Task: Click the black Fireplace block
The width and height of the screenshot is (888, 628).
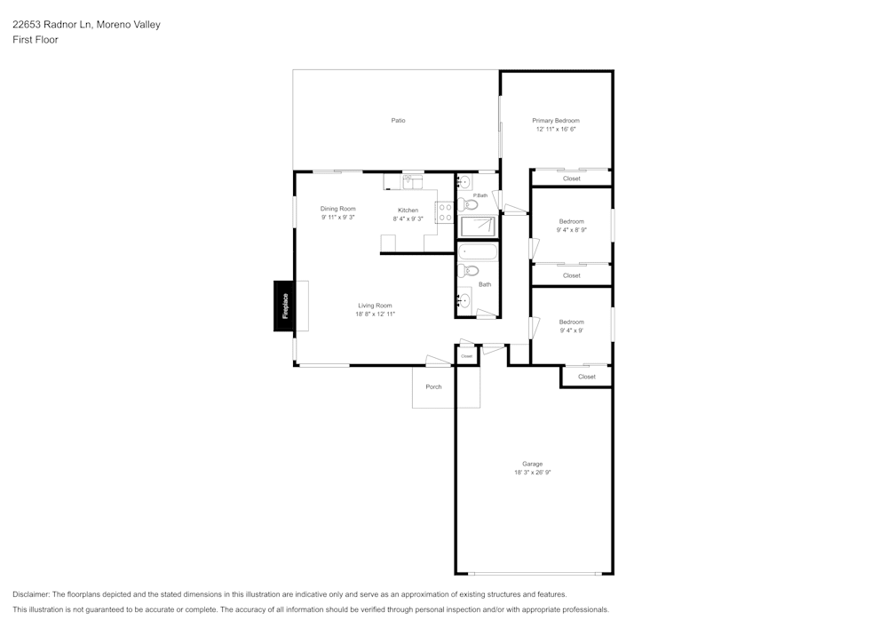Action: pos(285,306)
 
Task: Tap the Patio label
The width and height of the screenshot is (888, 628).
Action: pos(399,121)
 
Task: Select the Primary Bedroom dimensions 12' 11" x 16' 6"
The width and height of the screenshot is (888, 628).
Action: pos(556,130)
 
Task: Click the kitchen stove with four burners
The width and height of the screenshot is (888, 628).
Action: pos(445,211)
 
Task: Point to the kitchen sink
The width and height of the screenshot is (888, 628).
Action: pos(410,183)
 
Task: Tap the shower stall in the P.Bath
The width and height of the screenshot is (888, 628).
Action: pos(478,226)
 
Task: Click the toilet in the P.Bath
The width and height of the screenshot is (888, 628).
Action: pos(468,204)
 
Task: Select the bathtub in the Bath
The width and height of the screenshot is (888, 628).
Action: pos(478,251)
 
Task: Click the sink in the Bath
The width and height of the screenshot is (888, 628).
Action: pos(464,300)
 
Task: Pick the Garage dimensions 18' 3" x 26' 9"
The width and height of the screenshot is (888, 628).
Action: pos(533,473)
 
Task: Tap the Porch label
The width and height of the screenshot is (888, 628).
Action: pos(433,387)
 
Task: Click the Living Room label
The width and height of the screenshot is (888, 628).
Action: pos(375,306)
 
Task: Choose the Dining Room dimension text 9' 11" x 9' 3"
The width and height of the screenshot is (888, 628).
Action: pos(338,218)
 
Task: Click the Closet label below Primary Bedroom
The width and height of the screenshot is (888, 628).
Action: pos(572,179)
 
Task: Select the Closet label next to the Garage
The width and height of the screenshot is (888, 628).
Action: pos(587,377)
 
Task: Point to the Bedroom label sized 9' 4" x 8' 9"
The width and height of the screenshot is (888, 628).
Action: pos(571,221)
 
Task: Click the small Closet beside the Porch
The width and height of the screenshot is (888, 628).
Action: pos(467,355)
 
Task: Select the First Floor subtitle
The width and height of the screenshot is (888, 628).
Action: pos(36,40)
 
